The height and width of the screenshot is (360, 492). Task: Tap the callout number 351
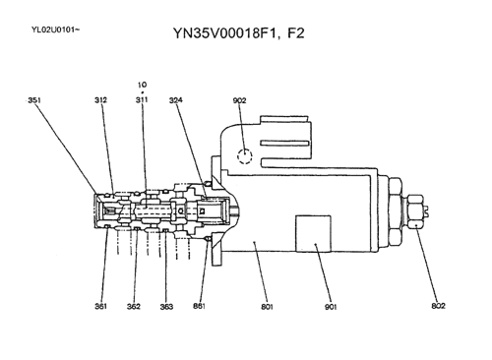(34, 99)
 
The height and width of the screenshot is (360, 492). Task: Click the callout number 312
(101, 99)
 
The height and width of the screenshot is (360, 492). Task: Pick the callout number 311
(142, 99)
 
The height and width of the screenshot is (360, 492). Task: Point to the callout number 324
(175, 99)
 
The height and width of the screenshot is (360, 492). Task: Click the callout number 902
(239, 99)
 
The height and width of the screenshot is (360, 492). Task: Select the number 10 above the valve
(142, 85)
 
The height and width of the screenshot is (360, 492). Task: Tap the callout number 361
(101, 306)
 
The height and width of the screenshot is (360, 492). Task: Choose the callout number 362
(134, 306)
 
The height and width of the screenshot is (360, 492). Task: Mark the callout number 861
(200, 306)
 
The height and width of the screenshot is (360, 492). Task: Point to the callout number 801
(267, 306)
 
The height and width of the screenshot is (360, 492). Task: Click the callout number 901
(331, 306)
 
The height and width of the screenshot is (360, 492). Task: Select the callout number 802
(438, 306)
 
